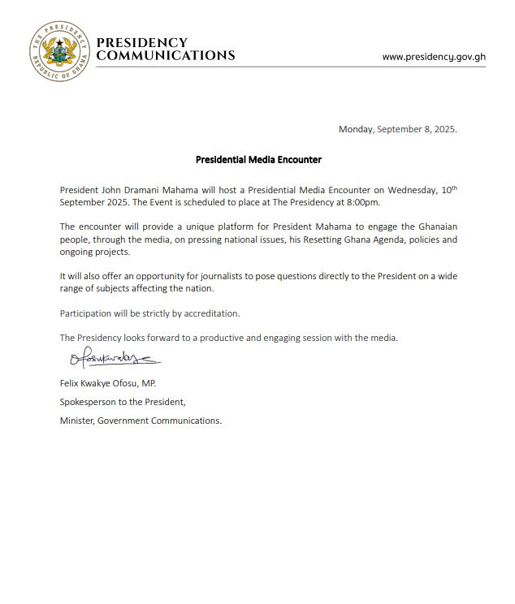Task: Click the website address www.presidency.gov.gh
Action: [x=434, y=57]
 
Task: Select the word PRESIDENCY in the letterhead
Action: [x=142, y=42]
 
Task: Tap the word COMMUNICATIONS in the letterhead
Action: [x=166, y=56]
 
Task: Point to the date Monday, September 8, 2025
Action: [x=398, y=129]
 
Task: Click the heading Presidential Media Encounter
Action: [x=258, y=160]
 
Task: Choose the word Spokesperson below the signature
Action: [x=89, y=401]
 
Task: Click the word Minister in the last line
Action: [x=76, y=421]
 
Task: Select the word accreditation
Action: [x=214, y=313]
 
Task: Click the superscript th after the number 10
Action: [x=454, y=188]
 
